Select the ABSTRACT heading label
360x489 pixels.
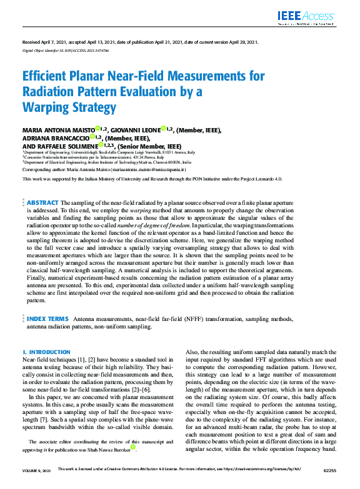[43, 203]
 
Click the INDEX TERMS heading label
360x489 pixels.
[48, 319]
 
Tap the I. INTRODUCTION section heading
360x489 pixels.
[46, 352]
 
